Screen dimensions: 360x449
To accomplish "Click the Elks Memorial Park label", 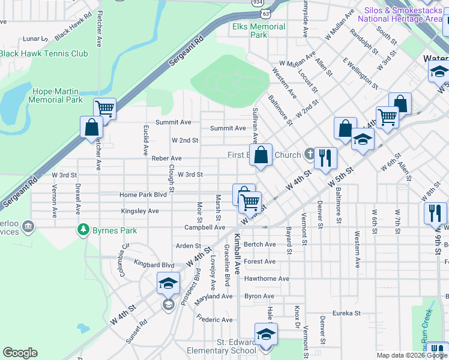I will click(x=259, y=31).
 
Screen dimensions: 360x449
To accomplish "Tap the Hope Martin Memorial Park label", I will click(x=58, y=95).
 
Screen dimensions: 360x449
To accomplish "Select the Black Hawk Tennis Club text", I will click(x=44, y=54).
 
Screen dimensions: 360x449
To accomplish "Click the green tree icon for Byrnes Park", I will click(x=83, y=230).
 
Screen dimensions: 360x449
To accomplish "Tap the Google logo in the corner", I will click(x=20, y=353).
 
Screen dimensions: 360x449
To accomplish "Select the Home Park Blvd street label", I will click(x=143, y=195).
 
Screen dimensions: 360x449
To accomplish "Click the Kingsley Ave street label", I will click(x=140, y=211).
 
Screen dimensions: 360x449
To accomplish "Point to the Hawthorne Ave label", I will click(x=267, y=278).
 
